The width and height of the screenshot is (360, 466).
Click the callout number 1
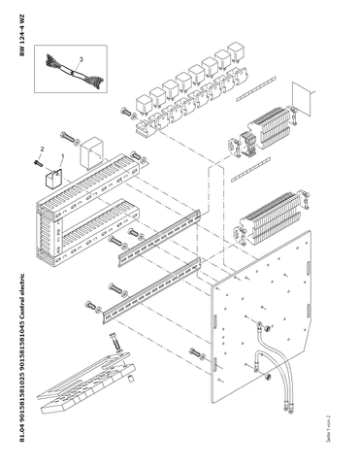(63, 156)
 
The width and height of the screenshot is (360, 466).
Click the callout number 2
(42, 150)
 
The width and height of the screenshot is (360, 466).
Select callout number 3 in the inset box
(82, 59)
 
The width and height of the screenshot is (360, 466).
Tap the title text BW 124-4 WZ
(21, 35)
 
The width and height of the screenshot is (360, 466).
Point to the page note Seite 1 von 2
(328, 428)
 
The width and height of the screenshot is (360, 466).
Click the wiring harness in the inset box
(75, 71)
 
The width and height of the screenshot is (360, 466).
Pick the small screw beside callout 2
(38, 164)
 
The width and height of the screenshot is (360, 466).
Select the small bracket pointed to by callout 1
(52, 179)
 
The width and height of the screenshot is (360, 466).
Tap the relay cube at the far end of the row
(236, 52)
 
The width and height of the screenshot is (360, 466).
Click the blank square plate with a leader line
(302, 99)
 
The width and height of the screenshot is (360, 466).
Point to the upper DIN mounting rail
(159, 238)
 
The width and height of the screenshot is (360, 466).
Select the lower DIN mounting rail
(152, 291)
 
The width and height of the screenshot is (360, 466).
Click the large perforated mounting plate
(261, 316)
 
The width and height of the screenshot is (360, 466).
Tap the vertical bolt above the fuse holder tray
(115, 342)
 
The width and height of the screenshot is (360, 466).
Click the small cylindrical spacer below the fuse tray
(130, 378)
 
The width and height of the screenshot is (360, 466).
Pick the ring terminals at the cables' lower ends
(288, 406)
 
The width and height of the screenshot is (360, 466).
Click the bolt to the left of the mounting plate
(196, 353)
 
